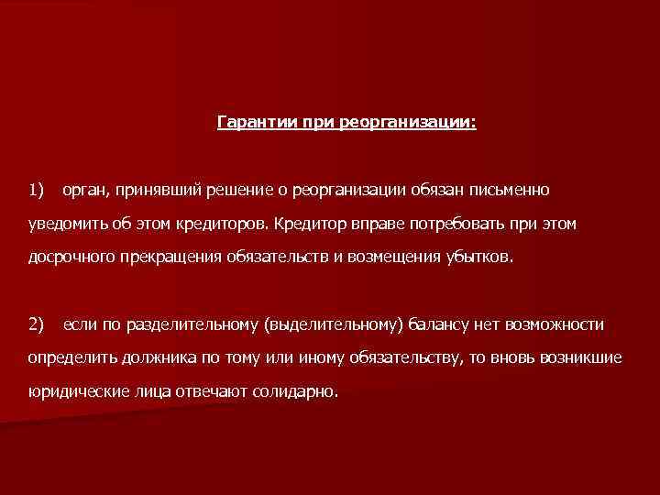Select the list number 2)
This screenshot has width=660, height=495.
pyautogui.click(x=37, y=324)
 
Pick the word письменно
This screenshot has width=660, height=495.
pyautogui.click(x=509, y=191)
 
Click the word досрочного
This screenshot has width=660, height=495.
pyautogui.click(x=70, y=258)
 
